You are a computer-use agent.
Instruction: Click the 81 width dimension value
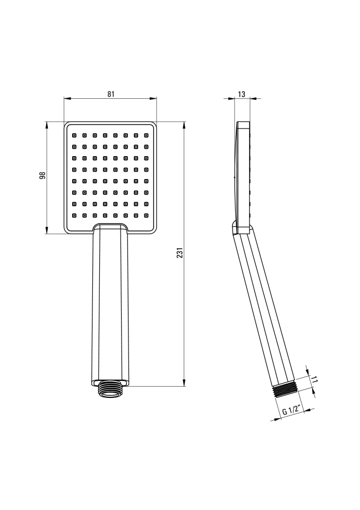pyautogui.click(x=111, y=94)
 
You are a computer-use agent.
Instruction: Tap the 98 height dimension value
pyautogui.click(x=42, y=175)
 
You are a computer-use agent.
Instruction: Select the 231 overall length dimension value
pyautogui.click(x=180, y=253)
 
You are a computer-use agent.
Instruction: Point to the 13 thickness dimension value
pyautogui.click(x=241, y=95)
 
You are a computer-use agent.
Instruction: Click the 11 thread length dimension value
pyautogui.click(x=314, y=379)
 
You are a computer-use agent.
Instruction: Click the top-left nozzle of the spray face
pyautogui.click(x=74, y=134)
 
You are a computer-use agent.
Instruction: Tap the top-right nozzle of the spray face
pyautogui.click(x=146, y=134)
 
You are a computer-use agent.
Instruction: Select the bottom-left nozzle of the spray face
pyautogui.click(x=74, y=215)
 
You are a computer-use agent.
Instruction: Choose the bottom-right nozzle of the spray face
pyautogui.click(x=146, y=215)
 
